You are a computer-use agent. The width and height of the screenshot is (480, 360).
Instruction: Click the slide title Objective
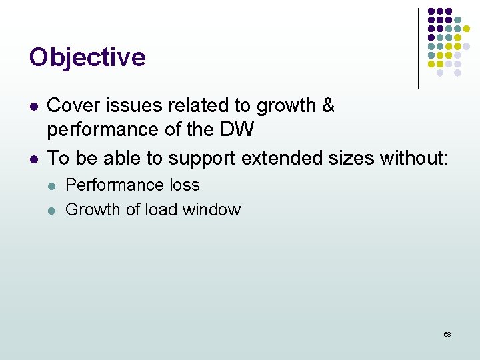click(x=87, y=57)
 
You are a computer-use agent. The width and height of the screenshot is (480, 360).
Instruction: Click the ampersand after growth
click(x=327, y=105)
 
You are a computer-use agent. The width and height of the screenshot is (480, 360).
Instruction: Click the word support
click(x=202, y=159)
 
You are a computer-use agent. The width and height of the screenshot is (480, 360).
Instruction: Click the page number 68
click(x=447, y=334)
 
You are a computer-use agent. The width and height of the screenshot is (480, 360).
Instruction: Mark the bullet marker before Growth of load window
click(x=53, y=211)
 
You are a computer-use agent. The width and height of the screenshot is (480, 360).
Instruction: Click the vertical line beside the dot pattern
click(x=418, y=48)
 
